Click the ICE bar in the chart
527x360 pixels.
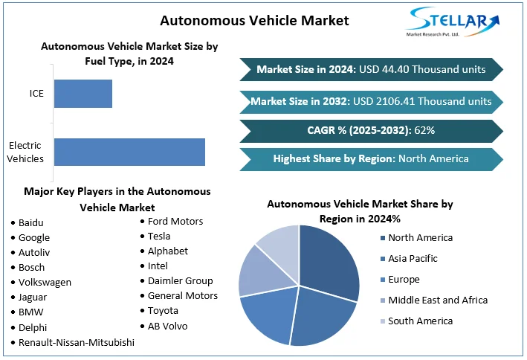pos(83,94)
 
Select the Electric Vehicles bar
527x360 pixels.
pos(129,152)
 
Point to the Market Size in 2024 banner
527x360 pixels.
pos(371,69)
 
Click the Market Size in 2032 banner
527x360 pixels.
pos(371,100)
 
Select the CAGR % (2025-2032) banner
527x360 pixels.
pos(371,130)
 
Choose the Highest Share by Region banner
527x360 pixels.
pos(371,158)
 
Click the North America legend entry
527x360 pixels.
pos(420,238)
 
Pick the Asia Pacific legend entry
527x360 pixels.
pos(413,259)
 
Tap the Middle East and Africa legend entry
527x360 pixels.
pos(437,300)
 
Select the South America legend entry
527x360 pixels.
pos(420,321)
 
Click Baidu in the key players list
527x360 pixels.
pos(31,222)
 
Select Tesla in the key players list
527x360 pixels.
pos(159,236)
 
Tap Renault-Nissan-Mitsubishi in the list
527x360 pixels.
pos(77,342)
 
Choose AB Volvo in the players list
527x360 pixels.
pos(167,326)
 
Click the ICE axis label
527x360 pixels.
pos(36,94)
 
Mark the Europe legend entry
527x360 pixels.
pos(404,280)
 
